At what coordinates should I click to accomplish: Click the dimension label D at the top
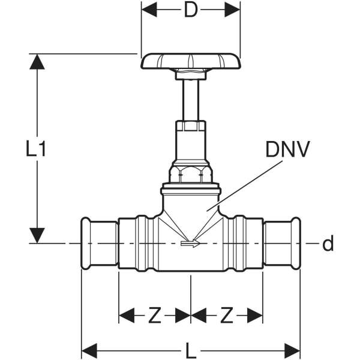coord(191,10)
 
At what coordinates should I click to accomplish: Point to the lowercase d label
coord(328,244)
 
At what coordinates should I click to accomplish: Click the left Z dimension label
coord(155,315)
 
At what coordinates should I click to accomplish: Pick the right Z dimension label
coord(227,315)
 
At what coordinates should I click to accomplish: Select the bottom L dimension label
coord(191,349)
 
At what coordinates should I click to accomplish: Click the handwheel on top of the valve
coord(191,61)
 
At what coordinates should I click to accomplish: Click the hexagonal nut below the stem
coord(191,174)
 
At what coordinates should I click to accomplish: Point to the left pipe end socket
coord(99,244)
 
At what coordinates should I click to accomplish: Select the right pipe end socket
coord(282,244)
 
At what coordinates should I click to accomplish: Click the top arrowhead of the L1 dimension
coord(37,62)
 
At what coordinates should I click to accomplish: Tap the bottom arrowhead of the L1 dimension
coord(37,235)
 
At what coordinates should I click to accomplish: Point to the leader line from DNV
coord(240,186)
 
